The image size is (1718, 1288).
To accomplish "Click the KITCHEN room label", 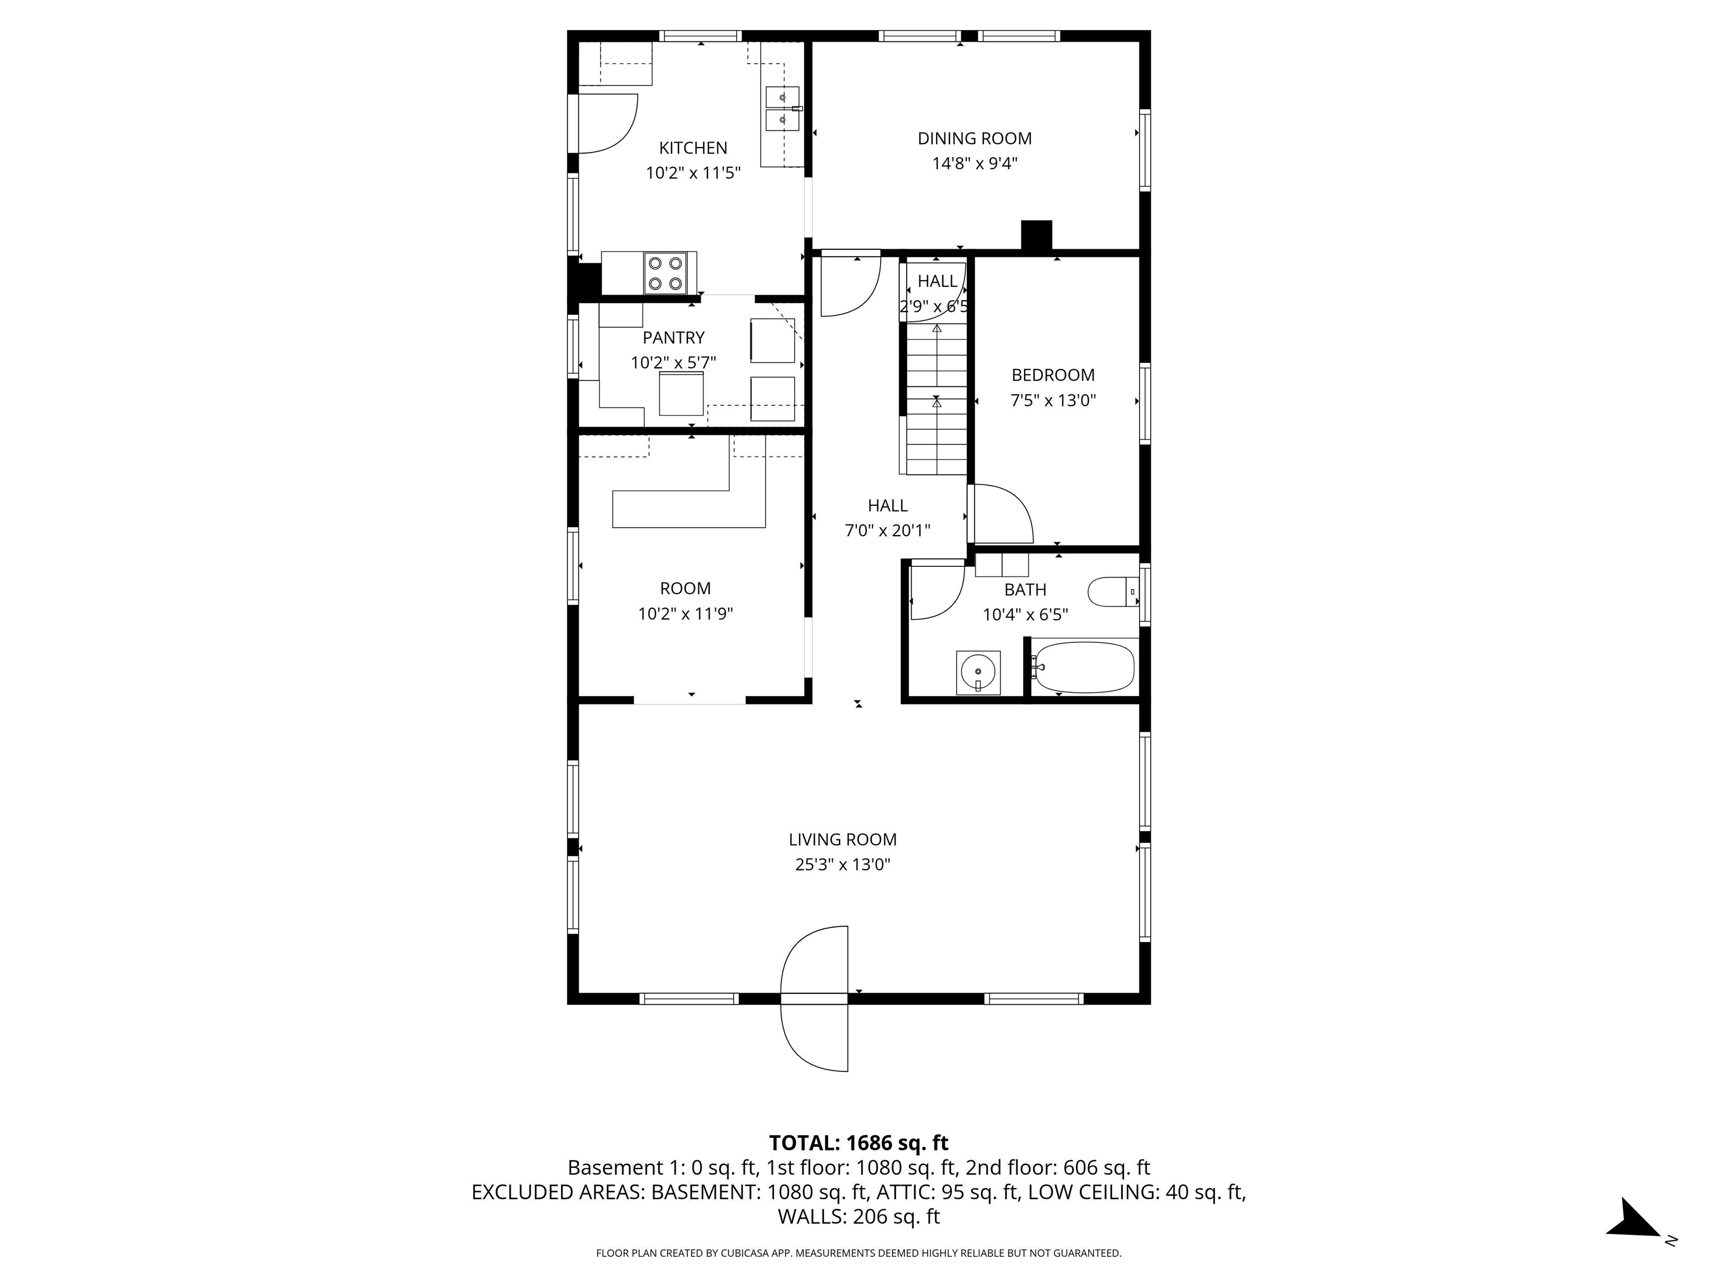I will click(x=693, y=148).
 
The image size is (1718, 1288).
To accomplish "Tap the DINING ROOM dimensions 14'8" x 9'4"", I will click(x=975, y=164).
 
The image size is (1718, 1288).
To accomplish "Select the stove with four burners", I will click(x=666, y=273).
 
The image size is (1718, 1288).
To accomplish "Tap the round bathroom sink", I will click(x=978, y=671).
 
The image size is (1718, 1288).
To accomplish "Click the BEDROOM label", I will click(x=1052, y=375).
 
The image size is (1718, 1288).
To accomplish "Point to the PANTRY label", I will click(x=673, y=338).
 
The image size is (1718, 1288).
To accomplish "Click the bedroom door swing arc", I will click(x=1002, y=514).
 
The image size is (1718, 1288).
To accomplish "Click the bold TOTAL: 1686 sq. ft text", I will click(x=858, y=1143).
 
